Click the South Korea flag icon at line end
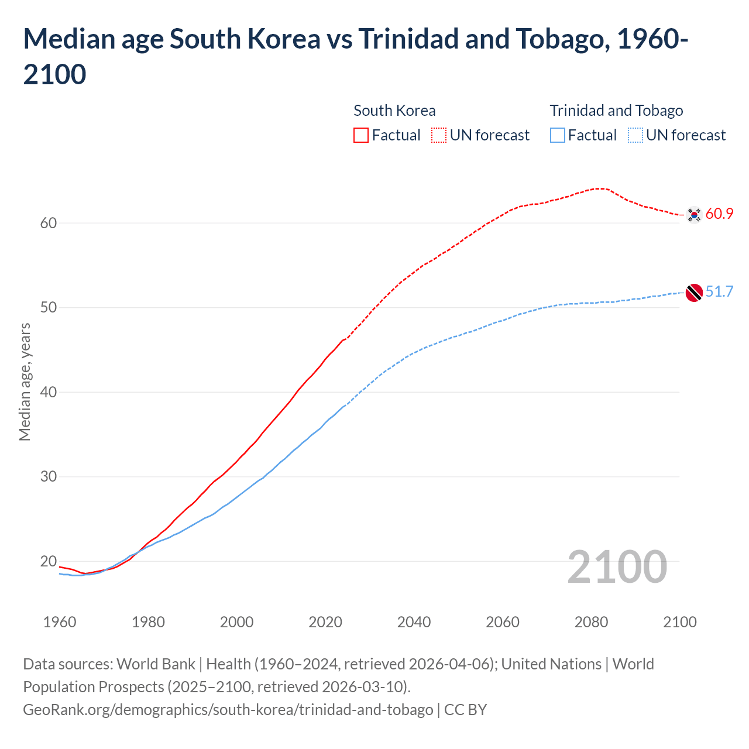694,215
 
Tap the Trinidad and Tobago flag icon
694,292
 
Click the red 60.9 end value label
719,214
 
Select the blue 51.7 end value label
719,291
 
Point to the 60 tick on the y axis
49,223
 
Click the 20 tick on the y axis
49,561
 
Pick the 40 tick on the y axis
49,392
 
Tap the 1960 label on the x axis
60,622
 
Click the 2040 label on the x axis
414,622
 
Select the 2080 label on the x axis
591,622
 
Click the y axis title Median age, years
25,382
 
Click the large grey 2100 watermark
617,567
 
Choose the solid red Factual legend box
361,135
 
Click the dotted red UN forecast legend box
439,135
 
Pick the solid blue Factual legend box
558,135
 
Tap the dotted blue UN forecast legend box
635,135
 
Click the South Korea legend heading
394,111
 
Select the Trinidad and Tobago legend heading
616,111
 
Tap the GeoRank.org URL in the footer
228,710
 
